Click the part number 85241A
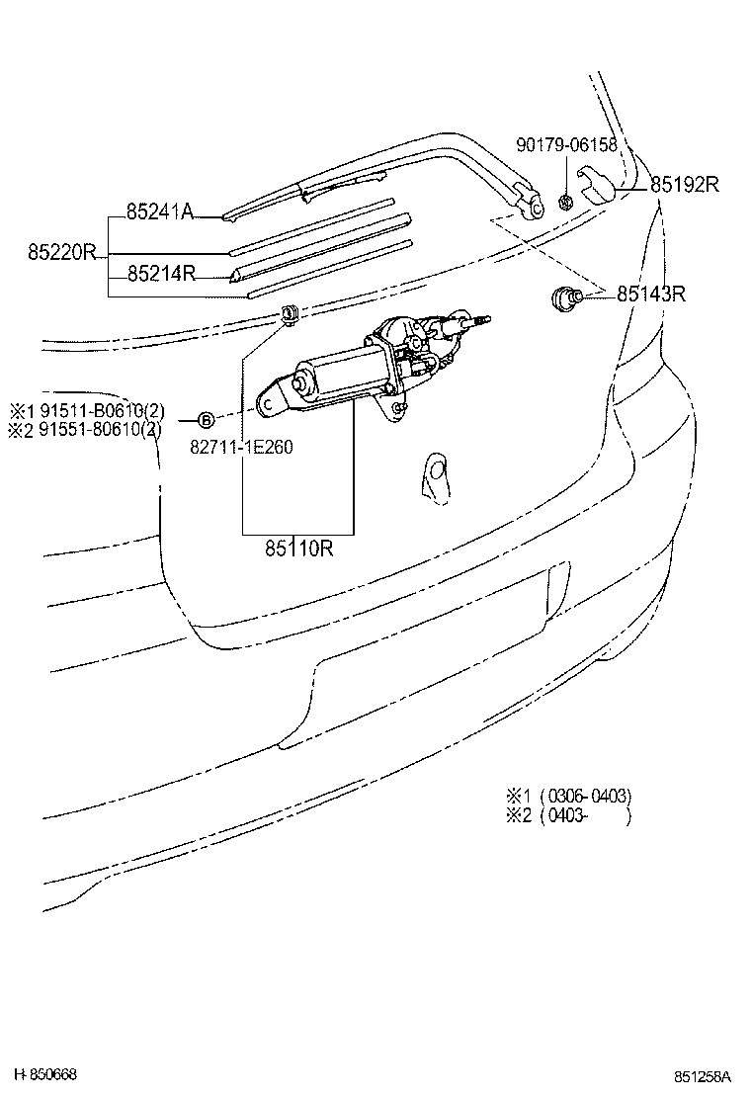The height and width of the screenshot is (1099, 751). coord(159,211)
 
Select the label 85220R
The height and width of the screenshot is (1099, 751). coord(61,252)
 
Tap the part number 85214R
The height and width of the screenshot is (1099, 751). coord(161,274)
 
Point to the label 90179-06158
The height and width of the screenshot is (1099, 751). coord(566,144)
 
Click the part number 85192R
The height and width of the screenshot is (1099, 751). coord(684,184)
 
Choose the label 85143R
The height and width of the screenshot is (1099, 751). coord(651,294)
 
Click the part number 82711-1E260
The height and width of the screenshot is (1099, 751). coord(241,446)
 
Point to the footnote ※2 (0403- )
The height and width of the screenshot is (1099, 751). coord(568,816)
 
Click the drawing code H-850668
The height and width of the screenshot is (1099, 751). coord(45,1074)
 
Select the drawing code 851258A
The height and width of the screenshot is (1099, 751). coord(703,1076)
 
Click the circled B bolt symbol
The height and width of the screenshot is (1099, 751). coord(206,419)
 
